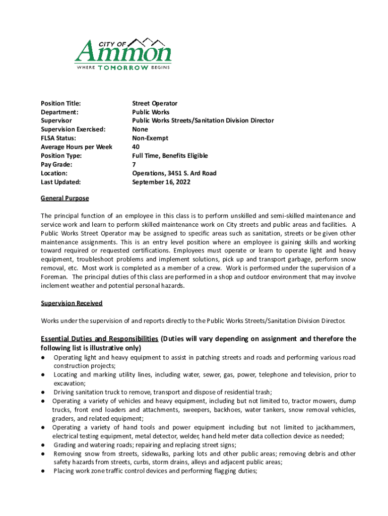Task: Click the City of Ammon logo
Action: point(123,53)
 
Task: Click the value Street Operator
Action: point(155,103)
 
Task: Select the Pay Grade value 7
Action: point(134,164)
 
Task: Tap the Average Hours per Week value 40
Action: point(136,147)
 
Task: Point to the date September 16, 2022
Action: point(161,182)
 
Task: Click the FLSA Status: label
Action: point(58,138)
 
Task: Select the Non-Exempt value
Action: point(150,138)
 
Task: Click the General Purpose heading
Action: point(64,199)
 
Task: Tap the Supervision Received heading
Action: point(72,303)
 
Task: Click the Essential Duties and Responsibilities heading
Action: point(100,339)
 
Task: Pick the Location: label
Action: point(54,173)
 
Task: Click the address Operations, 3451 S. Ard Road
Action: point(174,173)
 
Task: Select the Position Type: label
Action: point(61,156)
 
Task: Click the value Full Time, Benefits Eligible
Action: point(170,156)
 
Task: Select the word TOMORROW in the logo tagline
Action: point(123,68)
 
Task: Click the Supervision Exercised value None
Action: point(140,130)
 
